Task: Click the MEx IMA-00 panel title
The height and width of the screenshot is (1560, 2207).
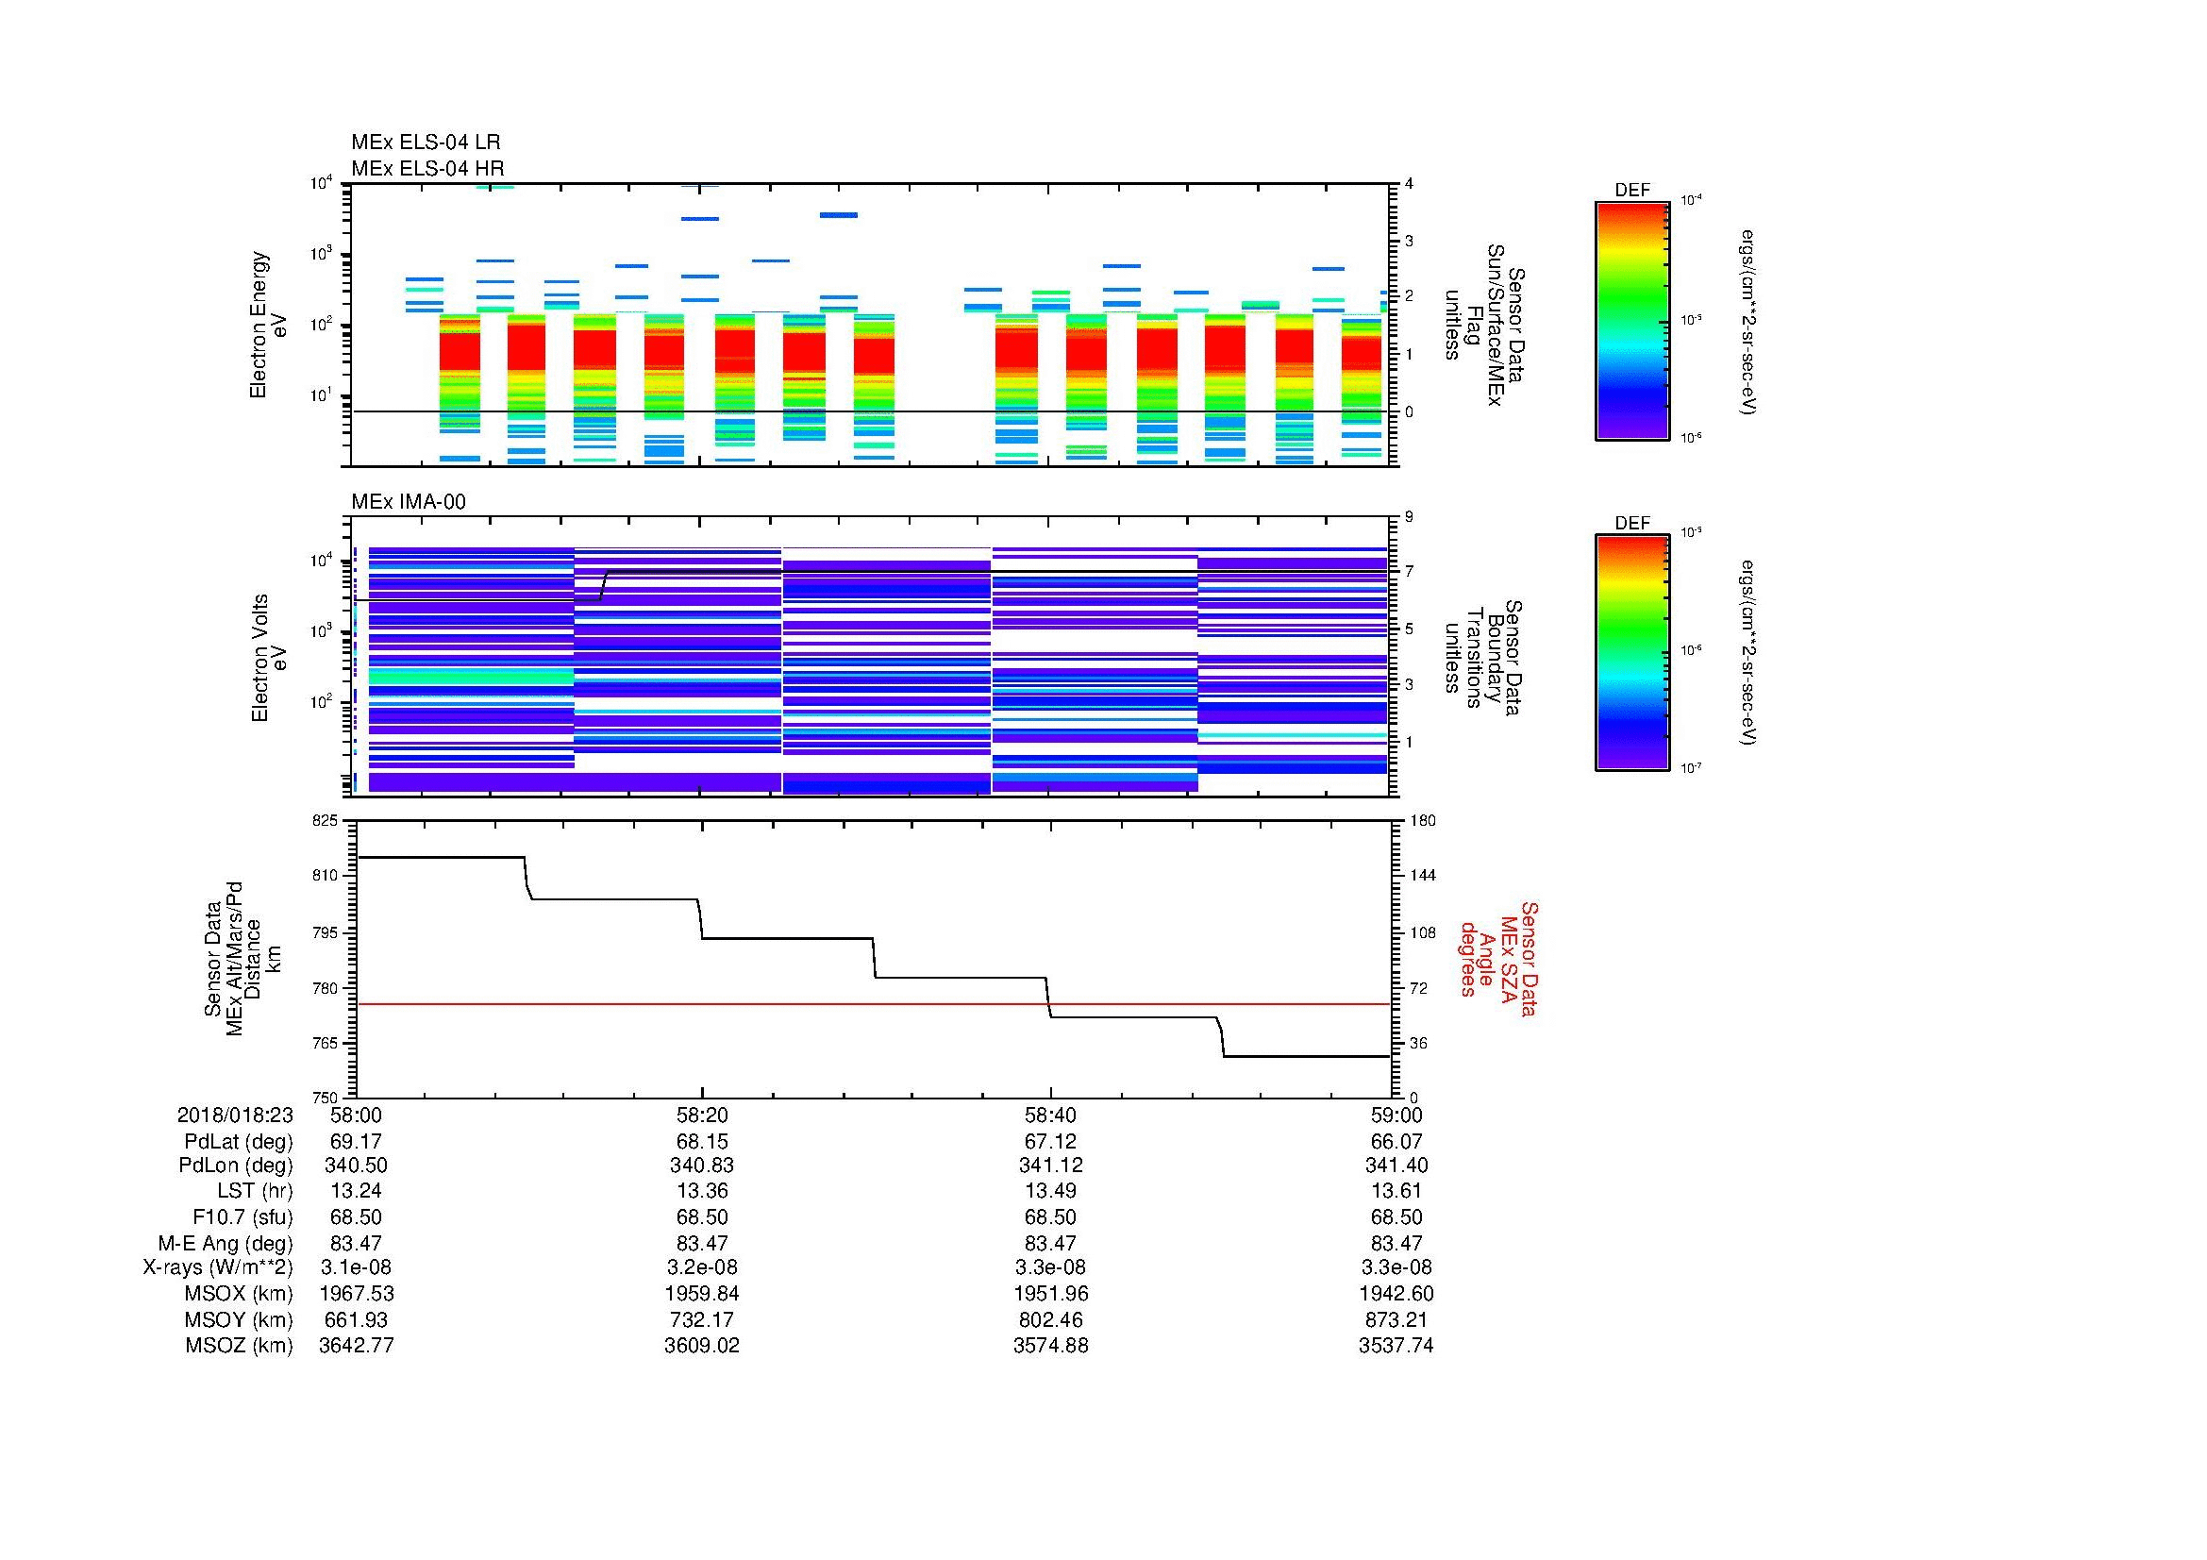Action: point(408,502)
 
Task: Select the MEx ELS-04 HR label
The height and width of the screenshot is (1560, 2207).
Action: point(426,168)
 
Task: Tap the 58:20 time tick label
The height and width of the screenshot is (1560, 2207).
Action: point(702,1115)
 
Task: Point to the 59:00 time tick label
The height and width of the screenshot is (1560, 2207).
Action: point(1396,1115)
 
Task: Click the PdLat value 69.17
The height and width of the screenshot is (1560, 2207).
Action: point(356,1142)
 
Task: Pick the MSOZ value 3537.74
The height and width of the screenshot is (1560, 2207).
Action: point(1396,1346)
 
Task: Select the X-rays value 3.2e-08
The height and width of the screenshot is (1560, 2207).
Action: point(702,1267)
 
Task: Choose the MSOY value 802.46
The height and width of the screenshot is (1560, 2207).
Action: point(1049,1319)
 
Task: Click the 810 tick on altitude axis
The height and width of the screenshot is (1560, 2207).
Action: point(326,876)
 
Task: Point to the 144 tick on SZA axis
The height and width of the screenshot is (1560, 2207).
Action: point(1422,876)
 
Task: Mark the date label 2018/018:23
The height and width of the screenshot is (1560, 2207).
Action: point(235,1115)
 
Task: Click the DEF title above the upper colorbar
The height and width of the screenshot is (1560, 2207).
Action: point(1631,191)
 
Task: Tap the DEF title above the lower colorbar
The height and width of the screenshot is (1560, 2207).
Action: point(1631,523)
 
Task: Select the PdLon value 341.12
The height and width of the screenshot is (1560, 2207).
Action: point(1049,1165)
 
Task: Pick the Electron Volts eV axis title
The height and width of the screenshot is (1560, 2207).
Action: point(269,658)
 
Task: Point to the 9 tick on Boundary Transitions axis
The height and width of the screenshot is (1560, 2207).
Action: point(1408,517)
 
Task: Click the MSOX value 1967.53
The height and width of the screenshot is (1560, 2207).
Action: point(356,1294)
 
